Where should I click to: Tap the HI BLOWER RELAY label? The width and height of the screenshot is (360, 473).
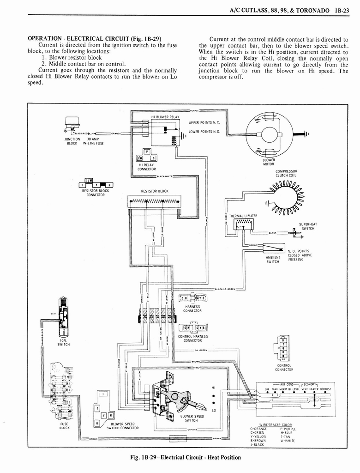coord(165,117)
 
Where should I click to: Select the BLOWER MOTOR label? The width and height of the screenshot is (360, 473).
coord(269,162)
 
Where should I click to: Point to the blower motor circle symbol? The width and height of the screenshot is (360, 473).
coord(268,135)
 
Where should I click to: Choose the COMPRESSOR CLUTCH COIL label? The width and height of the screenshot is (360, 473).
coord(286,174)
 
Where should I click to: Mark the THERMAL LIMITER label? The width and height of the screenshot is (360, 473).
coord(243,216)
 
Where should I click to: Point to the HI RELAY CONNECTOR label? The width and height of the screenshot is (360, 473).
coord(146,167)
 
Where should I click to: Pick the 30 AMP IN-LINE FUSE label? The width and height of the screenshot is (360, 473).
coord(93,141)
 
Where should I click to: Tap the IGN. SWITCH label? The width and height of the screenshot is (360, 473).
coord(63,342)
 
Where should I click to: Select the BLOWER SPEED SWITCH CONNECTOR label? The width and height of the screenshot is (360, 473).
coord(122,425)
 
